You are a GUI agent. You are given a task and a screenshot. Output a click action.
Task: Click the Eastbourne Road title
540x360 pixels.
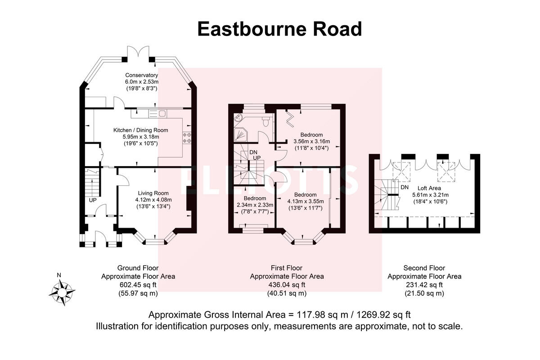click(x=279, y=29)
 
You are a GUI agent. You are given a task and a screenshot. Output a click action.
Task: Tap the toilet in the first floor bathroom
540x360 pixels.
click(x=266, y=121)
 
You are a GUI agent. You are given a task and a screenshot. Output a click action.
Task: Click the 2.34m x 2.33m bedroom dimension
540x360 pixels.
click(x=255, y=205)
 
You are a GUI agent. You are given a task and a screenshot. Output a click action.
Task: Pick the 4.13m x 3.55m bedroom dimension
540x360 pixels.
click(x=306, y=202)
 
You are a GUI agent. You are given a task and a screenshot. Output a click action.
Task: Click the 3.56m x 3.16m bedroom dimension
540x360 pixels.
click(x=311, y=141)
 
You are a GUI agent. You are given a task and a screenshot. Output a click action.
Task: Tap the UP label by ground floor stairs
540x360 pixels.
click(x=93, y=199)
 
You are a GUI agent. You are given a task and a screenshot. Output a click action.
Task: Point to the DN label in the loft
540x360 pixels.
click(x=404, y=187)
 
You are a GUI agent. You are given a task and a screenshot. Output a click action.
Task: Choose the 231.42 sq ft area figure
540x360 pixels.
click(x=424, y=285)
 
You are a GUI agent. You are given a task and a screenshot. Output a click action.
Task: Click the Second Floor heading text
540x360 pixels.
click(x=424, y=268)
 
